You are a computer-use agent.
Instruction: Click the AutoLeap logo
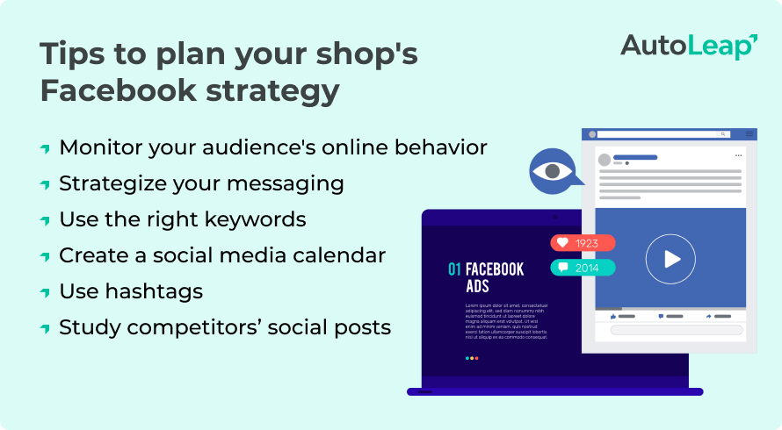(689, 46)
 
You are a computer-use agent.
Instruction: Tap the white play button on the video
(670, 259)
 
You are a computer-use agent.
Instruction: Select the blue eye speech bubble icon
(553, 170)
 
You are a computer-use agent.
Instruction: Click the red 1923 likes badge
(583, 243)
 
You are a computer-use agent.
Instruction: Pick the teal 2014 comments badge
(583, 268)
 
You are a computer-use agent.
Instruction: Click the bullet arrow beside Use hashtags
(45, 293)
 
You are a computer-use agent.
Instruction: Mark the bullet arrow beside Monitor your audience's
(45, 149)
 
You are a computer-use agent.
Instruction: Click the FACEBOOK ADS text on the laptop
(494, 277)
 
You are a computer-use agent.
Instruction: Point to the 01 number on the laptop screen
(454, 269)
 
